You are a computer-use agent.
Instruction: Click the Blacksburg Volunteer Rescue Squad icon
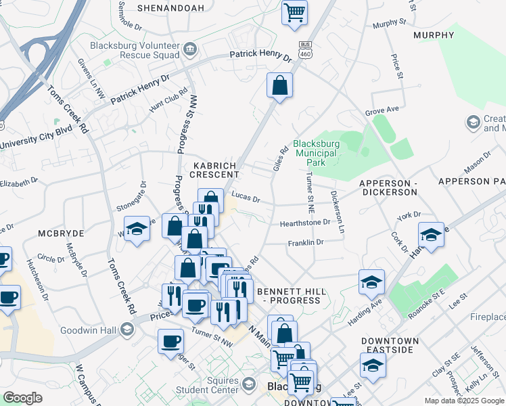pyautogui.click(x=190, y=49)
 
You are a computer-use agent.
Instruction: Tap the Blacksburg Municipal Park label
pyautogui.click(x=315, y=153)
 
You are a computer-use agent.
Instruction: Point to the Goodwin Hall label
pyautogui.click(x=89, y=330)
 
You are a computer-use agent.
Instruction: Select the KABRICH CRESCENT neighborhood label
pyautogui.click(x=210, y=169)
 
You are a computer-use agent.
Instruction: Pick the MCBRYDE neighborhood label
pyautogui.click(x=61, y=233)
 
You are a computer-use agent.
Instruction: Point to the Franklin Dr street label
pyautogui.click(x=306, y=242)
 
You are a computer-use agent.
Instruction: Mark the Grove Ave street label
pyautogui.click(x=382, y=110)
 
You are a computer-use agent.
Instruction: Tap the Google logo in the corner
pyautogui.click(x=22, y=398)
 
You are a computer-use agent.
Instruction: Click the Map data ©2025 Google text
pyautogui.click(x=464, y=401)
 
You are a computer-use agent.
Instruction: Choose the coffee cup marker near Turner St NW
pyautogui.click(x=170, y=341)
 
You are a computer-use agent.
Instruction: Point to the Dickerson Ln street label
pyautogui.click(x=337, y=212)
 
